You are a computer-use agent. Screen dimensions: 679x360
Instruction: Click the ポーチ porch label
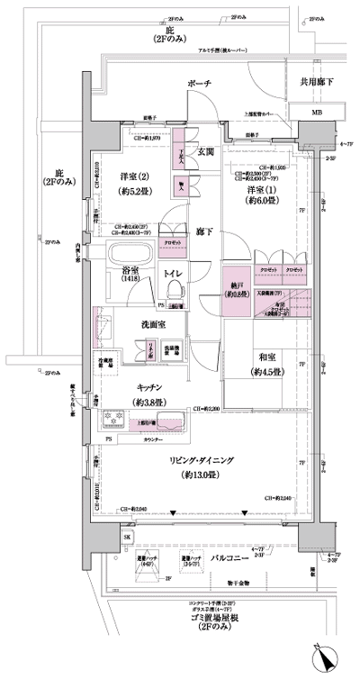[x=199, y=83]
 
